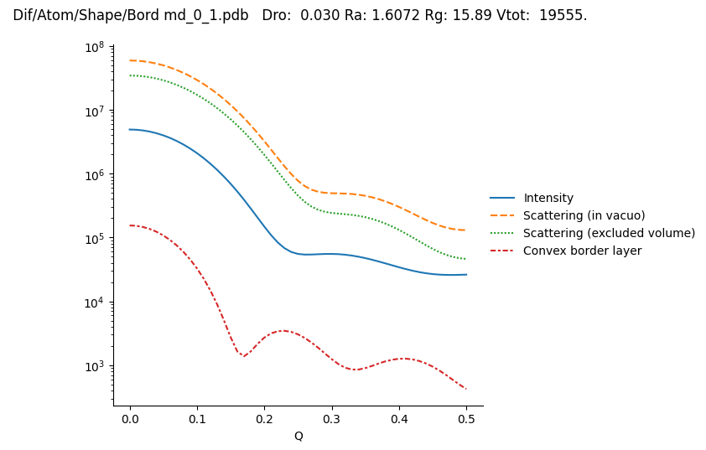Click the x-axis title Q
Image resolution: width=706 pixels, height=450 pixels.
pos(298,436)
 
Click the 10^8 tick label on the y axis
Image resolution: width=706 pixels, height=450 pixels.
pos(94,47)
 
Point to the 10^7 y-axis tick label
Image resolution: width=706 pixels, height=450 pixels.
pos(94,111)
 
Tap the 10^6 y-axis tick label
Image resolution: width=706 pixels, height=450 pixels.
pos(94,174)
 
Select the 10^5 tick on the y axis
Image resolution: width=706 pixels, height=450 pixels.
pos(94,238)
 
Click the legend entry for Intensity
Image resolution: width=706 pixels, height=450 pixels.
pos(548,198)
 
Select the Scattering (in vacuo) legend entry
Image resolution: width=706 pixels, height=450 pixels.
pos(584,215)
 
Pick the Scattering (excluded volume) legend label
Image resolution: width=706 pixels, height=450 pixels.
pos(609,233)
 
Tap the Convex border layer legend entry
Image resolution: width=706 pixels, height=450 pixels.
pos(582,251)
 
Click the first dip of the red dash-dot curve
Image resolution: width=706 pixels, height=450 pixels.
pos(243,356)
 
